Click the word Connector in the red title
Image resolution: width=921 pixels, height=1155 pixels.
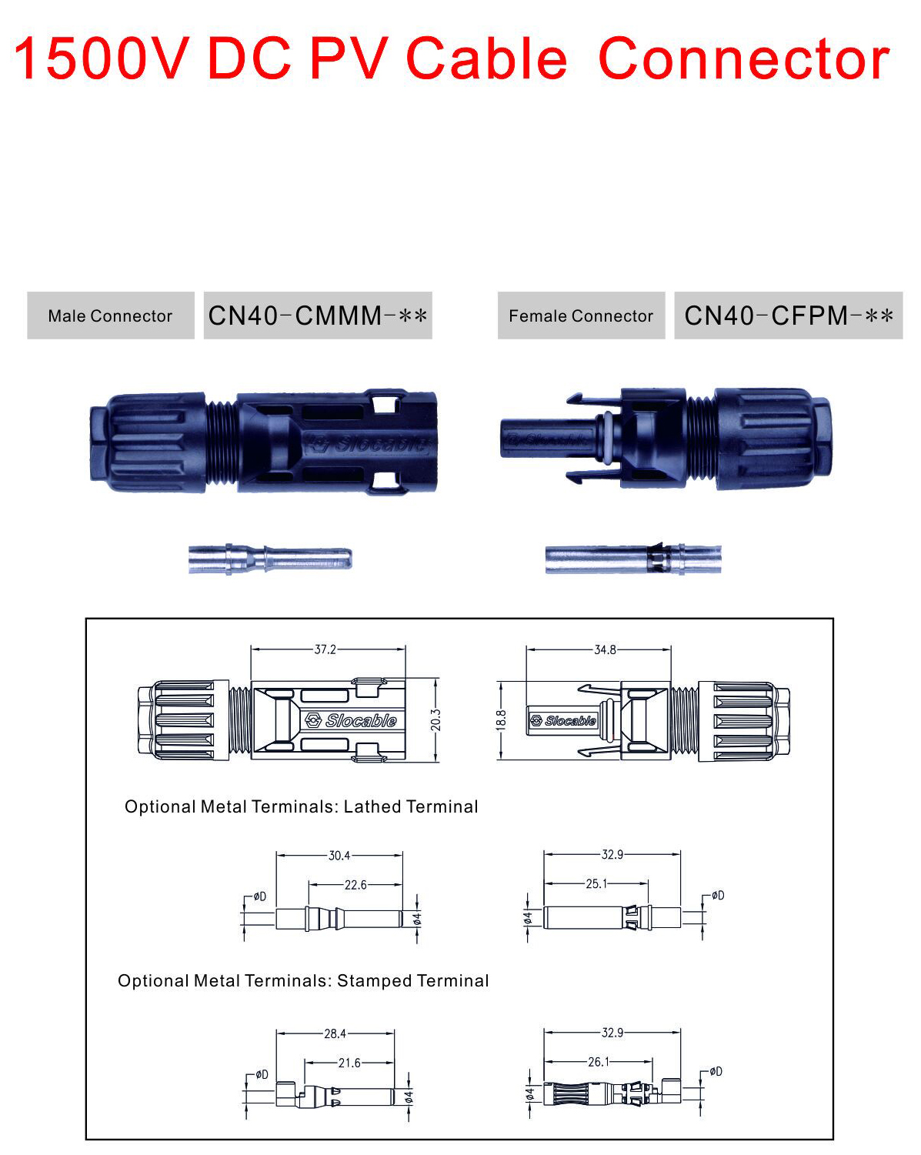[x=743, y=59]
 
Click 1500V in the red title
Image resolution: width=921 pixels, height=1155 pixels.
[x=101, y=59]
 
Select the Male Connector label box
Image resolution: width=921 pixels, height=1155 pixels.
[x=110, y=315]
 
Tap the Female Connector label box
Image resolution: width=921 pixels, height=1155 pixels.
[x=581, y=315]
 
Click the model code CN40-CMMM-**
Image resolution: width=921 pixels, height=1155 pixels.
[x=318, y=315]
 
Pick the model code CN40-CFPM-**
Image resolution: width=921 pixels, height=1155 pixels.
[x=789, y=315]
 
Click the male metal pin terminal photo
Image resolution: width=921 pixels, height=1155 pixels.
[x=270, y=559]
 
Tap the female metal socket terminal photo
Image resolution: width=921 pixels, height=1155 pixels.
[x=633, y=559]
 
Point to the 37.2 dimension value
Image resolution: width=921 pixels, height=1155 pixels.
[x=325, y=649]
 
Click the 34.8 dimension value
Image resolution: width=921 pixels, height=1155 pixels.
[x=605, y=649]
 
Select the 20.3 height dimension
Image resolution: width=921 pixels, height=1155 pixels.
[x=436, y=720]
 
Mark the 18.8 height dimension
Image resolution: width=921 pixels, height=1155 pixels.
[x=501, y=720]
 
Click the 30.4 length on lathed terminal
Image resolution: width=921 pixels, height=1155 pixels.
[x=339, y=856]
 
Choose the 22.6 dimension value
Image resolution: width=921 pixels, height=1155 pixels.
[x=355, y=885]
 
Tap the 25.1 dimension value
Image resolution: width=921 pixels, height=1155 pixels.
[x=596, y=884]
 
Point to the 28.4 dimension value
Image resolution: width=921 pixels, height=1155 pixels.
[x=335, y=1033]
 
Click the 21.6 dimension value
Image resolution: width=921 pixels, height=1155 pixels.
[x=349, y=1063]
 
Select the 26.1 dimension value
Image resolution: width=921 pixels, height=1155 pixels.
[x=599, y=1062]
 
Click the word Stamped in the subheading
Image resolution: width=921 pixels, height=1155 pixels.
[x=374, y=981]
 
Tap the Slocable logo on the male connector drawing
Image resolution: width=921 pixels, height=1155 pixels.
[x=352, y=720]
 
